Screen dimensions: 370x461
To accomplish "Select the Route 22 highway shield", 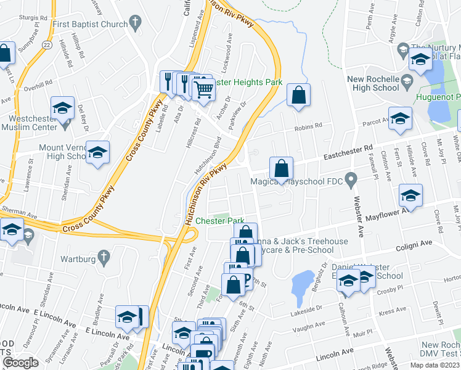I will (x=47, y=45).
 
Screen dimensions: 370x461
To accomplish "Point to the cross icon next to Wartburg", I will (x=105, y=256).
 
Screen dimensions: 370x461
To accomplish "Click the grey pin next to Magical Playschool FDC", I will (x=351, y=181).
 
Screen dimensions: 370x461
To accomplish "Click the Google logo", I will (x=20, y=363).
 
